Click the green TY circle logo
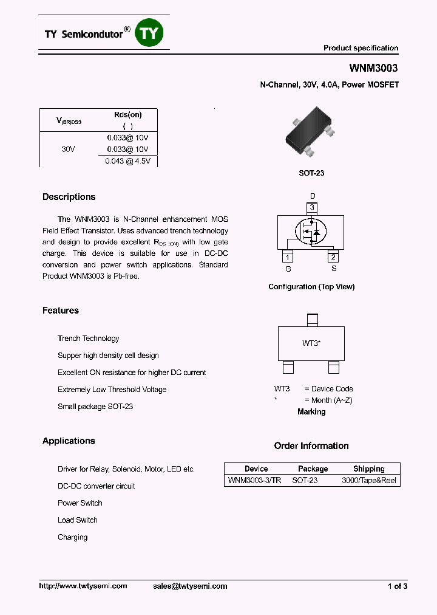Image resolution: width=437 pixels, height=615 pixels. (x=149, y=33)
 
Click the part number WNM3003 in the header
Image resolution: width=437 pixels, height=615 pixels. (x=373, y=69)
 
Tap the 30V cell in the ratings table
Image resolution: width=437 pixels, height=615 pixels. (x=69, y=149)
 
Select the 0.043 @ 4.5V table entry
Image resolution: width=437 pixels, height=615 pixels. (x=128, y=161)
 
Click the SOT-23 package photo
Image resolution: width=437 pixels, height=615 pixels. (x=310, y=132)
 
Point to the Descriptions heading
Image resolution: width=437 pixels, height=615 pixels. (x=69, y=197)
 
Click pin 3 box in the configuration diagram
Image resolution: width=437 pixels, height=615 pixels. (x=312, y=208)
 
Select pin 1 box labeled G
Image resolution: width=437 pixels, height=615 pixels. (x=288, y=257)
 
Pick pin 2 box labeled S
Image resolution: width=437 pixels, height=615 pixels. (x=333, y=257)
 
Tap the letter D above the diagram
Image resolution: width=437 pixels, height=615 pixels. (x=313, y=196)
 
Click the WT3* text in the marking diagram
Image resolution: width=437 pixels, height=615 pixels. (x=311, y=343)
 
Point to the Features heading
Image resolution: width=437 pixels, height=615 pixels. (x=61, y=311)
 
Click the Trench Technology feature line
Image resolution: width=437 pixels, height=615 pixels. (x=89, y=338)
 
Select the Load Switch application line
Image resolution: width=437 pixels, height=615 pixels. (x=78, y=520)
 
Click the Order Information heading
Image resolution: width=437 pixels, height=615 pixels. (x=311, y=446)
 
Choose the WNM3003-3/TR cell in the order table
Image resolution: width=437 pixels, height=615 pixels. (x=254, y=480)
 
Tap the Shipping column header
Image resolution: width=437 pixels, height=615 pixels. (x=369, y=469)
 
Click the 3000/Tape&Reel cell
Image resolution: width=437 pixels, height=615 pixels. (x=369, y=480)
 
